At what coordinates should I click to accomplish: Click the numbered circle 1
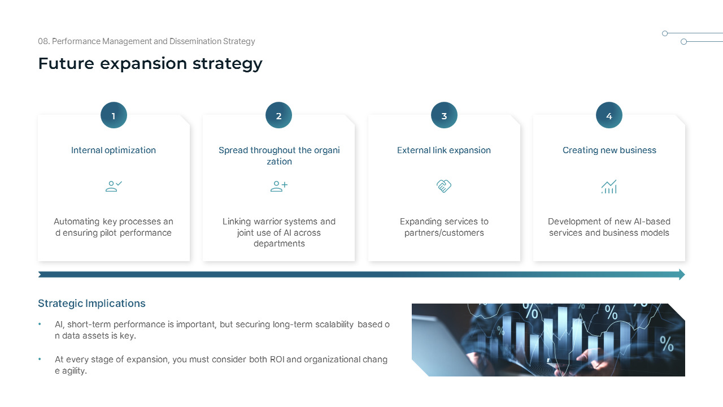point(114,115)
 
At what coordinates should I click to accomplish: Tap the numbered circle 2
point(278,115)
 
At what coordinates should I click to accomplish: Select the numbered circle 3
point(444,115)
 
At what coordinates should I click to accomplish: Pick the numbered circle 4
point(609,115)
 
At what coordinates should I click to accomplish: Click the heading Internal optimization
point(114,150)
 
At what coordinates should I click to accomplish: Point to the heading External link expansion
point(444,150)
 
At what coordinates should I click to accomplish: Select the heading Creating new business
point(609,150)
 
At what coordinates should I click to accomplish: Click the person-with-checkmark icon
point(114,187)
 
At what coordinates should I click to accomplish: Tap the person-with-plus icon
point(278,187)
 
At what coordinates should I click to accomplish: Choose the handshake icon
point(444,187)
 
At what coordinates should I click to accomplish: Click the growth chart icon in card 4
point(609,187)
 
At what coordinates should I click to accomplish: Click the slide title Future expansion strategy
point(150,63)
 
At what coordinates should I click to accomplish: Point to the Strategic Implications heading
point(92,304)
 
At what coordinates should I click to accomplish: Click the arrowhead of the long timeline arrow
point(681,275)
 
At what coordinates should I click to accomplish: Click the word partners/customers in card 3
point(444,233)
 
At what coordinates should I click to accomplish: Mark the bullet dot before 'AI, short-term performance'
point(40,324)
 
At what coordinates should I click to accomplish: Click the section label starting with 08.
point(146,41)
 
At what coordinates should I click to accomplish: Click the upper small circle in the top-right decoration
point(665,33)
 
